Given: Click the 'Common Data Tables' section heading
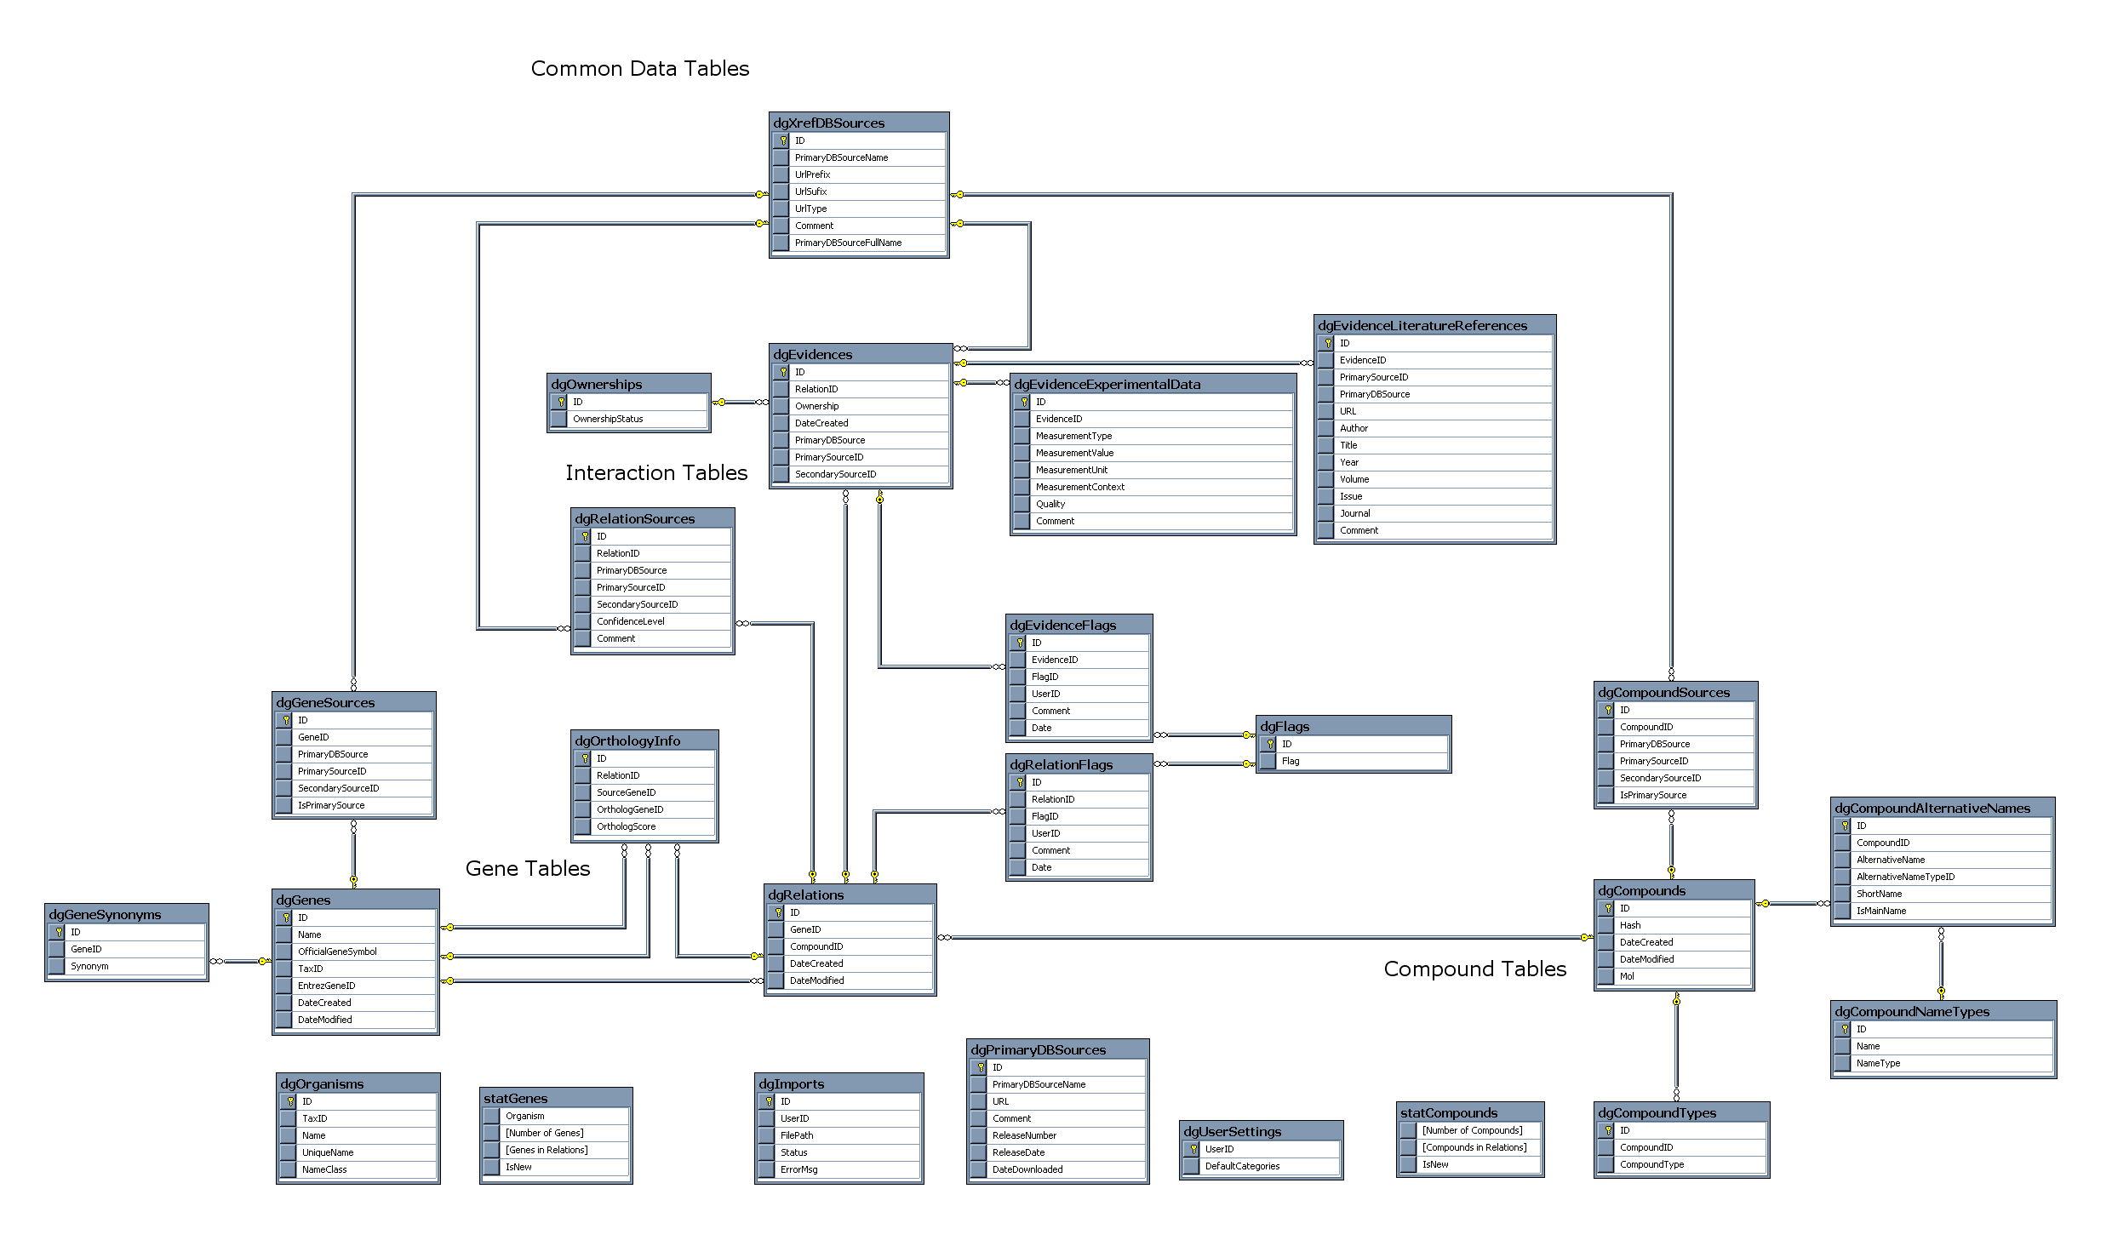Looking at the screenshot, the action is coord(640,69).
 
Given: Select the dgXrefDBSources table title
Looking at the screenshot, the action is coord(828,123).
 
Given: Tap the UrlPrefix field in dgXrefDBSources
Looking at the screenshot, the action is coord(812,174).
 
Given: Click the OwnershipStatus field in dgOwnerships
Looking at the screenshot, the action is coord(608,419).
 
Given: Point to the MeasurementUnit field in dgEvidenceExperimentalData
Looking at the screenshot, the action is coord(1071,470).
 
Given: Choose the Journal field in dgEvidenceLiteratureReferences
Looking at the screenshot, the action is coord(1354,513).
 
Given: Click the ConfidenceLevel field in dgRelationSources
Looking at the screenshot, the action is coord(630,621).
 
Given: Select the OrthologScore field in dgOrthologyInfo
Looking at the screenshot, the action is coord(626,826).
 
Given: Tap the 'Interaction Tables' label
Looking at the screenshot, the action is coord(656,473).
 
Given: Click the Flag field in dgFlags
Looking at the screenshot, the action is coord(1291,761).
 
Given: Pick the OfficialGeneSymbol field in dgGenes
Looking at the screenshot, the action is coord(337,952).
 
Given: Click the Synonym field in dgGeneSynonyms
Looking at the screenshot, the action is coord(89,966).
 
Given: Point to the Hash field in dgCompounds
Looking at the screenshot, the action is coord(1630,925).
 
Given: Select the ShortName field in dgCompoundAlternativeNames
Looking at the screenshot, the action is coord(1879,894).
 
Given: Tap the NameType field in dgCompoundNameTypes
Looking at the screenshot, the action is coord(1878,1063).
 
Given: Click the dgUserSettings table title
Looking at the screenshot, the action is coord(1232,1132).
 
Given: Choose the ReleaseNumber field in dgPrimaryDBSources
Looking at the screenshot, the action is coord(1024,1135).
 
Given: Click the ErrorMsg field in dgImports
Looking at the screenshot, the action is coord(798,1169).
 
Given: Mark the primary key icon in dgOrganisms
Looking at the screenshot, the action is coord(290,1101).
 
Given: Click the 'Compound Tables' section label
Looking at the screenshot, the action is coord(1475,969).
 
